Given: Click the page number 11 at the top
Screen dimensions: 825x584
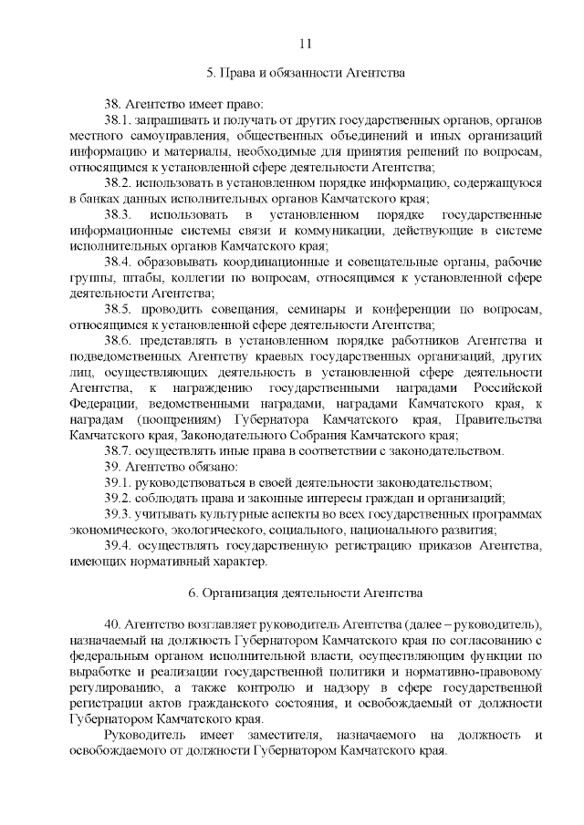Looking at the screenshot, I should click(305, 43).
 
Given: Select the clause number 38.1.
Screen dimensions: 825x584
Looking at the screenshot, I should click(119, 119).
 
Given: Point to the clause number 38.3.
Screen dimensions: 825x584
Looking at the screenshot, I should click(119, 213).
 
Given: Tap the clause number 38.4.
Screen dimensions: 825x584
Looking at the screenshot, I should click(119, 261).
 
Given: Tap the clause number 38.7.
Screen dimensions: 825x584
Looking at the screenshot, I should click(119, 450).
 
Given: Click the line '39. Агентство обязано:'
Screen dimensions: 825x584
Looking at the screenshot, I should click(171, 466).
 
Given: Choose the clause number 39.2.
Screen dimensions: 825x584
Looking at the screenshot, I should click(119, 498).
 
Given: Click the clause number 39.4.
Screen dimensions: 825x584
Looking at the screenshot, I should click(119, 545).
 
